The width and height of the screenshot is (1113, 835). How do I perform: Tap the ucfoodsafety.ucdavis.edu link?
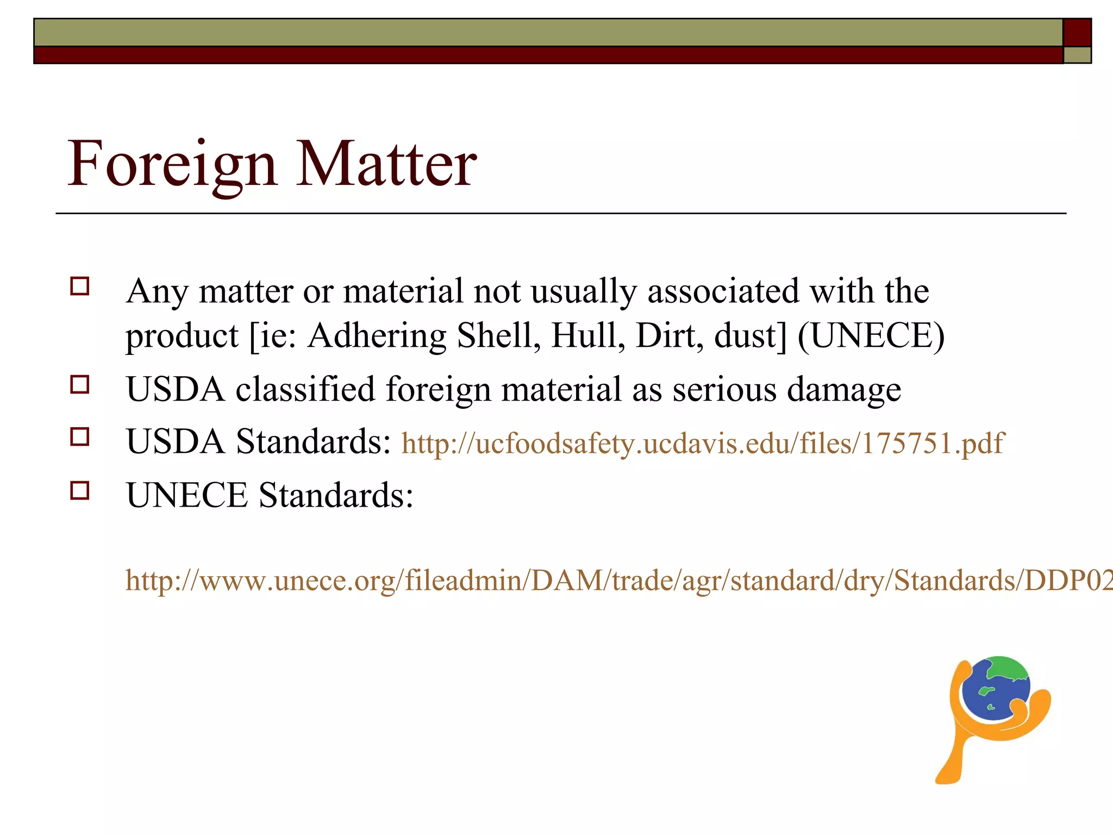click(x=703, y=443)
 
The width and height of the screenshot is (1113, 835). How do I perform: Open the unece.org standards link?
click(x=618, y=580)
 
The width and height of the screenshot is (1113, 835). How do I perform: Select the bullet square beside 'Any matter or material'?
click(x=80, y=286)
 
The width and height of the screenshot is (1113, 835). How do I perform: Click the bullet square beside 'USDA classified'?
click(x=80, y=385)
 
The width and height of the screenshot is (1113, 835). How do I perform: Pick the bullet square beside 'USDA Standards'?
click(x=80, y=437)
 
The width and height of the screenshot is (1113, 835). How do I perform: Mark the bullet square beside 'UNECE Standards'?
click(x=80, y=490)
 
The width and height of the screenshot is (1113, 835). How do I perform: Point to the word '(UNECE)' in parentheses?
click(x=871, y=335)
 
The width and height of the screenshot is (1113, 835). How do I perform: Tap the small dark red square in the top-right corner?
click(x=1077, y=32)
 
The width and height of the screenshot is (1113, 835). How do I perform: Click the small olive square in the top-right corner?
click(x=1077, y=55)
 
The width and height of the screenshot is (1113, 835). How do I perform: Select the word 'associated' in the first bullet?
click(x=723, y=291)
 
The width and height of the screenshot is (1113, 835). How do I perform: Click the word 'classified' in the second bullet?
click(x=305, y=389)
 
